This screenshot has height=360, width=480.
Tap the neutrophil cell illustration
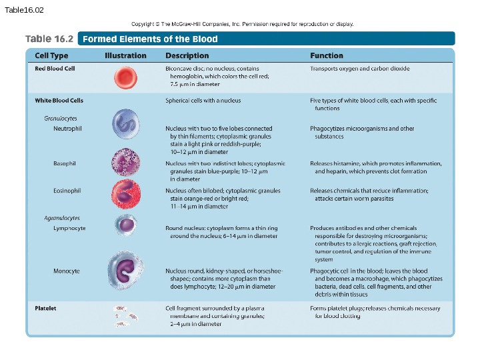click(x=125, y=124)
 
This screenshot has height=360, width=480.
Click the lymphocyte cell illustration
click(x=125, y=225)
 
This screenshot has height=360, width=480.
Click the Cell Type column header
click(x=51, y=56)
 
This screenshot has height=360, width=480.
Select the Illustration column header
click(x=125, y=56)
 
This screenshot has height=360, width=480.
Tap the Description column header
click(x=187, y=56)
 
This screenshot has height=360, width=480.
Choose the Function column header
click(x=327, y=56)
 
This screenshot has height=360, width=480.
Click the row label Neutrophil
click(x=67, y=129)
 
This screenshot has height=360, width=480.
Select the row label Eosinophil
click(x=67, y=191)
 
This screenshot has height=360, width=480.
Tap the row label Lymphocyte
click(x=69, y=228)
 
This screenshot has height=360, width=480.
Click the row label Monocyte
click(x=67, y=271)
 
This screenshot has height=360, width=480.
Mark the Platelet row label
click(x=45, y=309)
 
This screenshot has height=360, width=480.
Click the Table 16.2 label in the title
click(x=49, y=39)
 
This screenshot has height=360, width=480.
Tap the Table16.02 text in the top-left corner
click(x=24, y=10)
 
